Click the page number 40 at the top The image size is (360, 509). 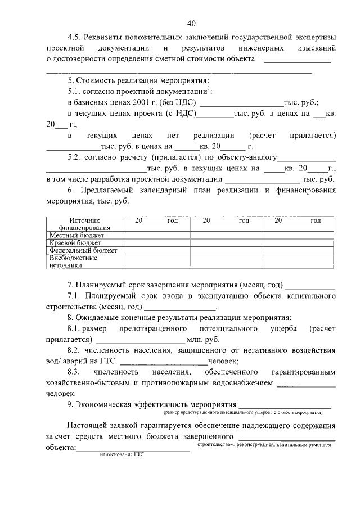point(191,23)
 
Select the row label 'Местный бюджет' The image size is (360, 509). point(76,235)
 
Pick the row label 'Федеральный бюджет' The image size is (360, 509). point(83,250)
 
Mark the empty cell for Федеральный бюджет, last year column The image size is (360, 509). point(298,250)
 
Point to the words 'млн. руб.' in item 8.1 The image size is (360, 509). point(204,340)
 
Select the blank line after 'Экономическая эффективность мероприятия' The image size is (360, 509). point(285,404)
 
